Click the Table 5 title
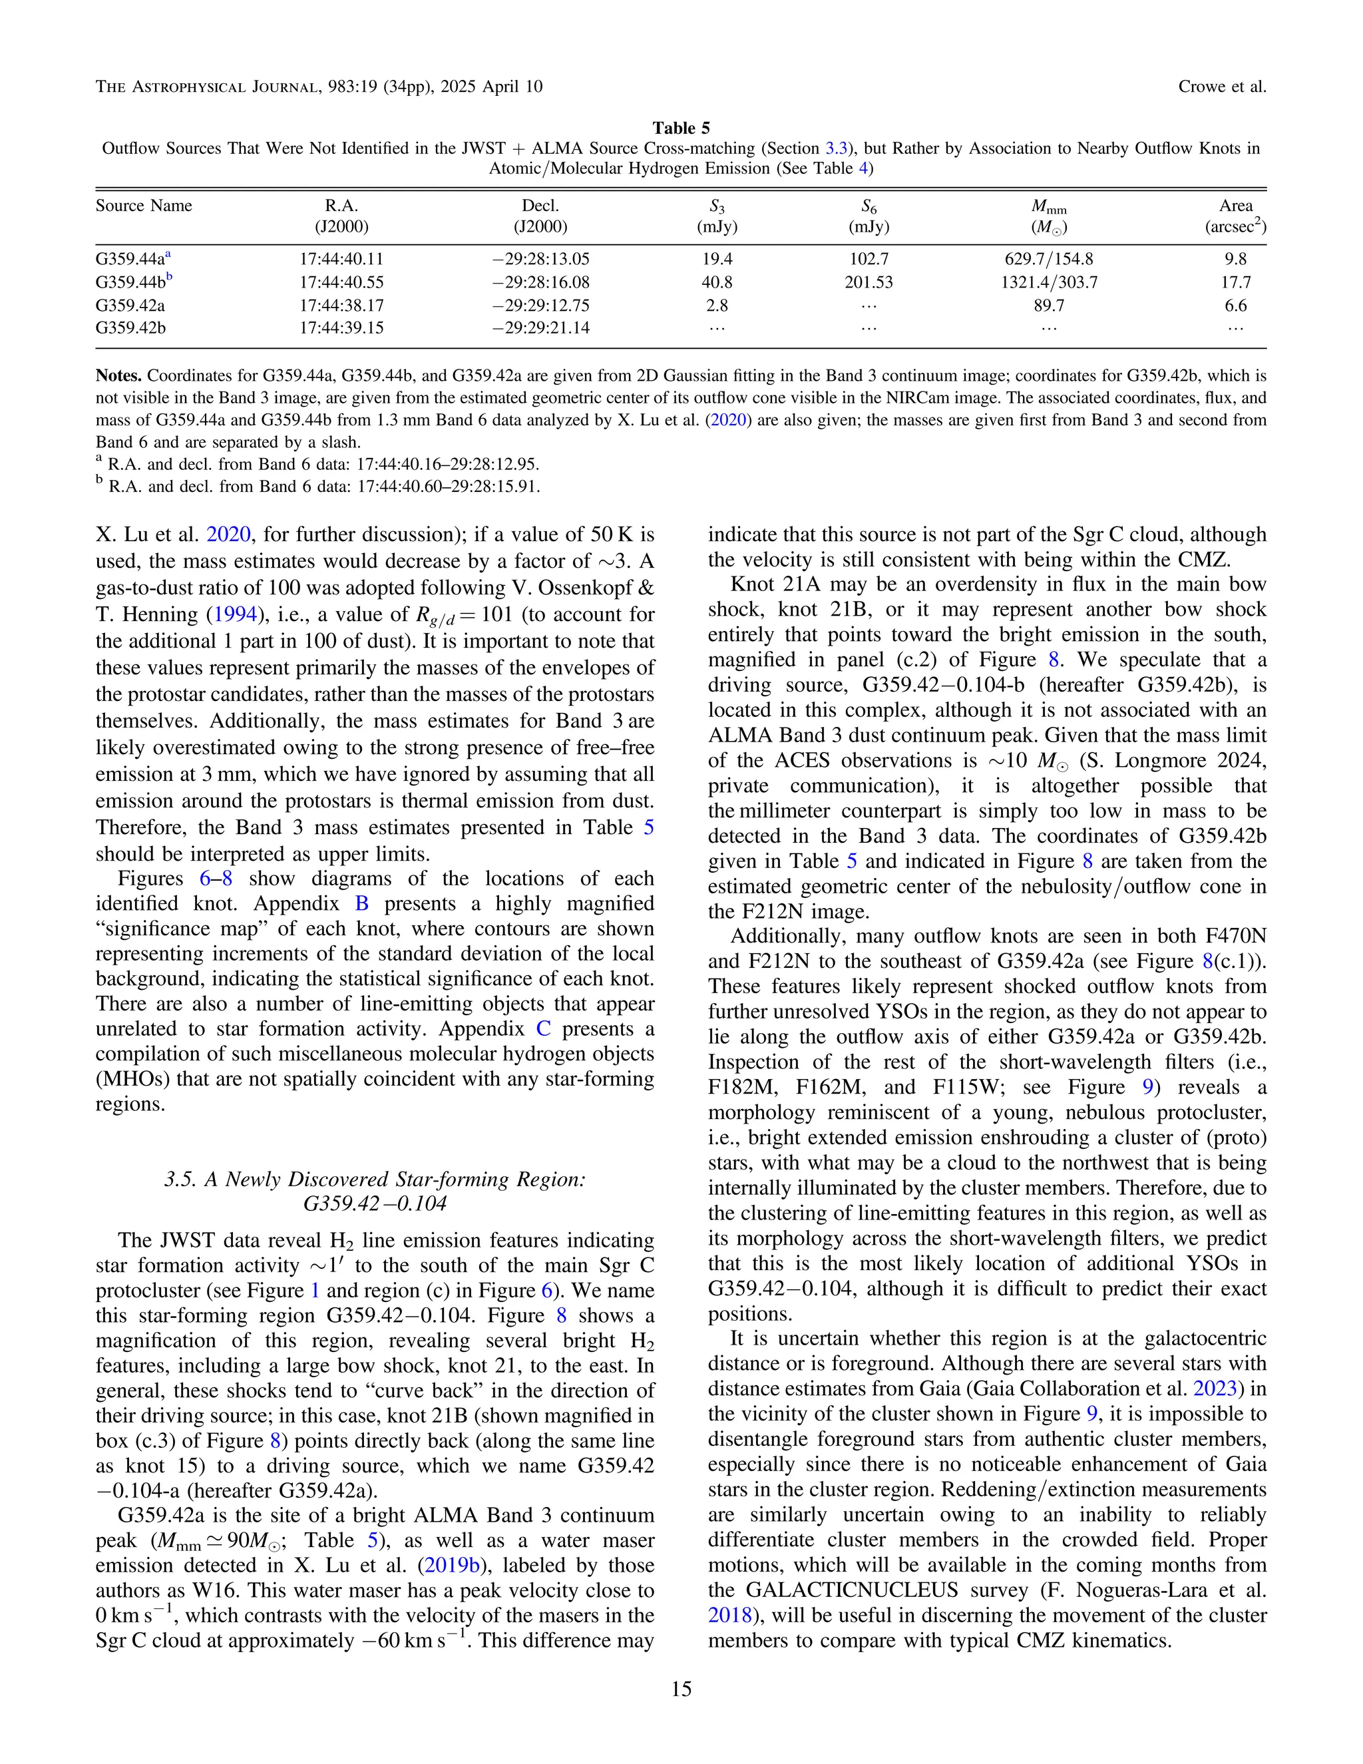(x=681, y=128)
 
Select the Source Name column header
(x=144, y=206)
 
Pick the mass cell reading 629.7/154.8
(x=1048, y=259)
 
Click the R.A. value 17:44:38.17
(x=341, y=306)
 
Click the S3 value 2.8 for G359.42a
(x=716, y=306)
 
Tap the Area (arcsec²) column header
(x=1235, y=216)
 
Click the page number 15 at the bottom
(x=681, y=1689)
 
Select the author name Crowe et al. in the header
(x=1222, y=87)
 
